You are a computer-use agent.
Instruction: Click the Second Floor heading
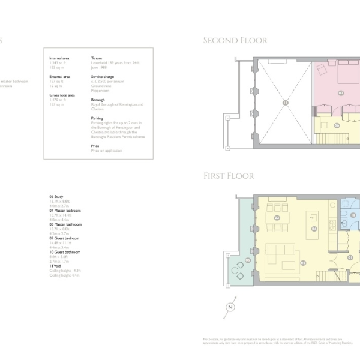pos(235,41)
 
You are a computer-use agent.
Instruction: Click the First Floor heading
pos(228,176)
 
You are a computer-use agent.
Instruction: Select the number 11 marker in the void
pos(285,103)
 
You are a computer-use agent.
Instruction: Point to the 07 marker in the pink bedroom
pos(341,93)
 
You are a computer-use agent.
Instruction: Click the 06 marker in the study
pos(337,125)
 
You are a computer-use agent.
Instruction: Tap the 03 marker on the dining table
pos(277,217)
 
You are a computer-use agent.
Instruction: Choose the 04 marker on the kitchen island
pos(314,229)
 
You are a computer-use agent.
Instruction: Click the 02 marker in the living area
pos(303,263)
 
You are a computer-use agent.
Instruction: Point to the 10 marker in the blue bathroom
pos(353,215)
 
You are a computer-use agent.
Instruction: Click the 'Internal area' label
pos(59,58)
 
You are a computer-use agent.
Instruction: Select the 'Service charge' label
pos(101,77)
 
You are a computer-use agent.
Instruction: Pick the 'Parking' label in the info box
pos(97,118)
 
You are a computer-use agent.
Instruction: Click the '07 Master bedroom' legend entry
pos(65,211)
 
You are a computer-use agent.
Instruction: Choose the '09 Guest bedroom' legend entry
pos(64,238)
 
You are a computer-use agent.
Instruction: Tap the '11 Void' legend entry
pos(58,266)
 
